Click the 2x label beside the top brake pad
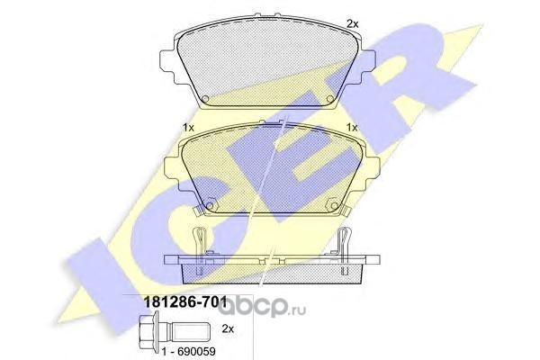[352, 23]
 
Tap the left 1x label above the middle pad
[188, 128]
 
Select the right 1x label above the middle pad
[352, 128]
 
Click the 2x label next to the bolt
[228, 329]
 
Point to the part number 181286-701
[184, 302]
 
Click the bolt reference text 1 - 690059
[189, 352]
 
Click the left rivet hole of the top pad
[205, 99]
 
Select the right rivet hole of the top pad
[330, 99]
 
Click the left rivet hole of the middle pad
[210, 206]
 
